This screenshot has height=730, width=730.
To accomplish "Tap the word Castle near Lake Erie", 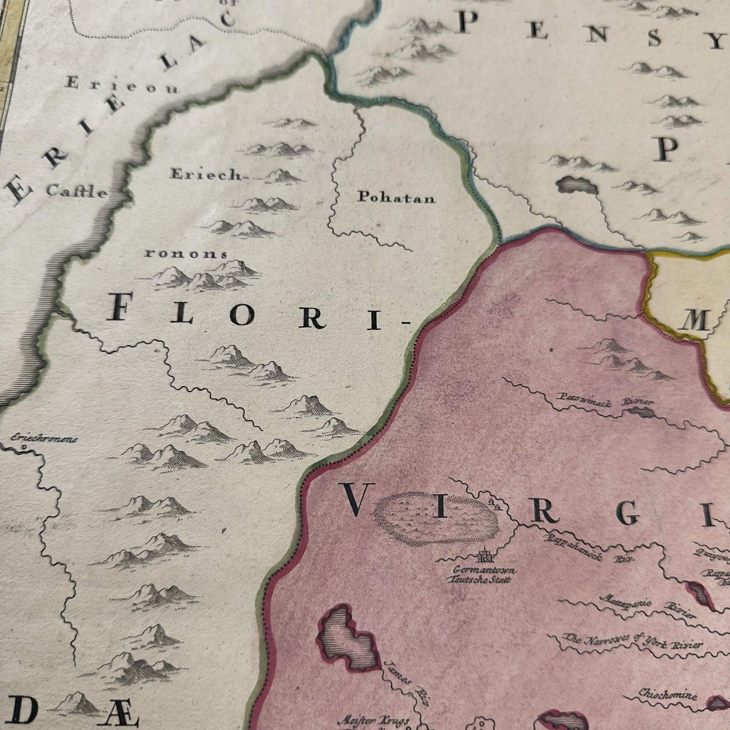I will (77, 191).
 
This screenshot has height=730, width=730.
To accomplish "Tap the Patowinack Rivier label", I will (605, 400).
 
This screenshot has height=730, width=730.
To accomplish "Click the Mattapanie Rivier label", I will (648, 607).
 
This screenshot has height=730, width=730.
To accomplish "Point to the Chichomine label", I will (667, 694).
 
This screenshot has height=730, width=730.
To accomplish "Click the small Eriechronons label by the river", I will (44, 439).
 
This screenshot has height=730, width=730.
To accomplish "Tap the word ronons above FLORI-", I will (186, 254).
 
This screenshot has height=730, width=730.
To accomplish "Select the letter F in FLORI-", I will (120, 308).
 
